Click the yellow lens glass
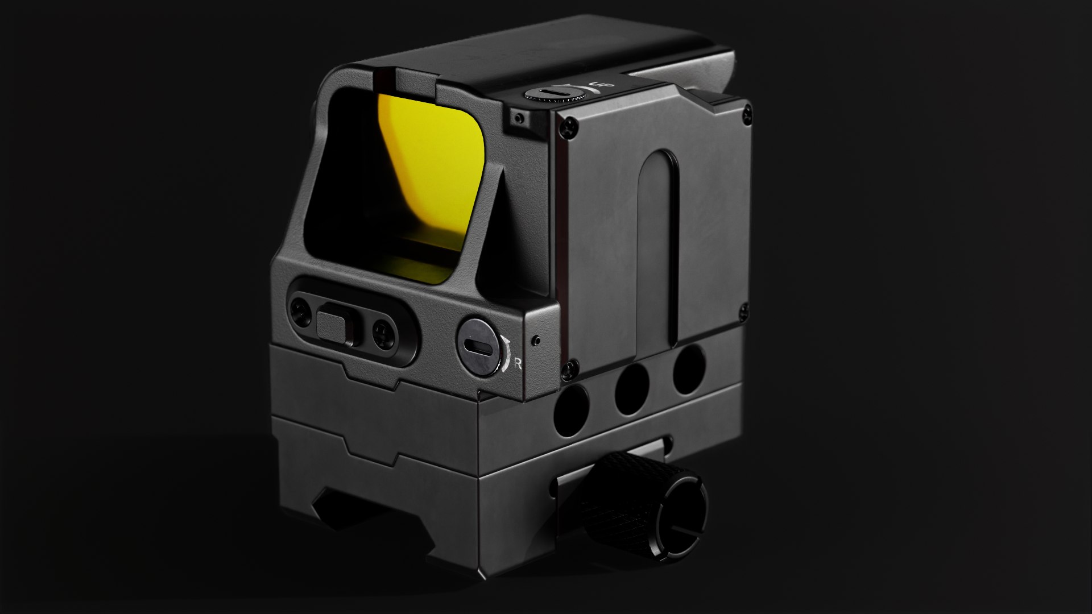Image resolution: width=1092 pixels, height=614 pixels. pyautogui.click(x=432, y=182)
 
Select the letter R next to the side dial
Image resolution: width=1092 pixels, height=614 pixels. pyautogui.click(x=518, y=364)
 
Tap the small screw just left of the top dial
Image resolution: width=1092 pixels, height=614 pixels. pyautogui.click(x=518, y=118)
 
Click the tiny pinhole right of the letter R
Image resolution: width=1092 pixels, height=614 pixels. pyautogui.click(x=535, y=340)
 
